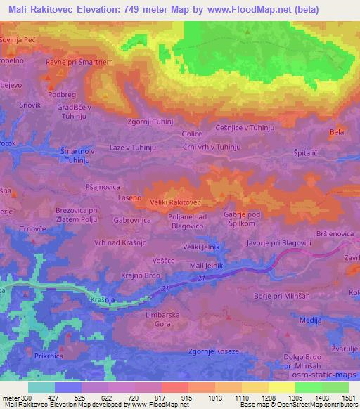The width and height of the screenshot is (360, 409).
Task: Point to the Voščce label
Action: tap(163, 260)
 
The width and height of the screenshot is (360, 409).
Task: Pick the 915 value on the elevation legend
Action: tap(186, 397)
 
